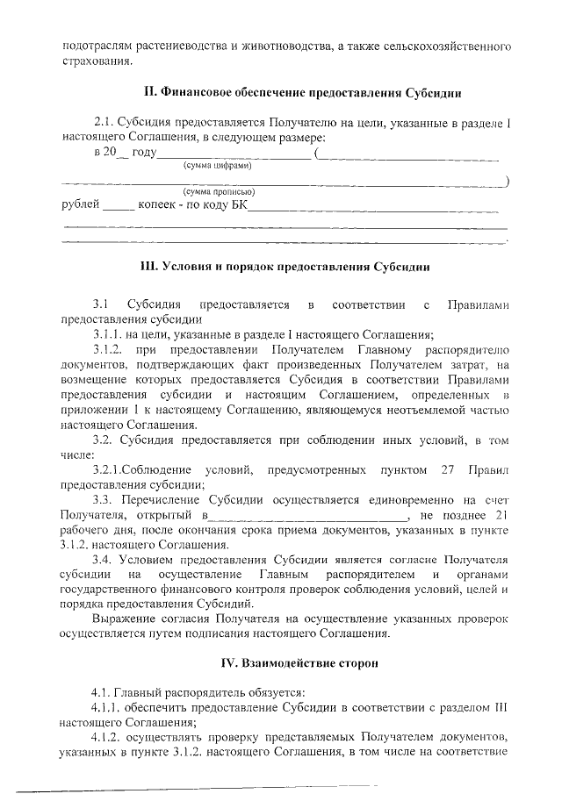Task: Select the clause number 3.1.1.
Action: (x=110, y=334)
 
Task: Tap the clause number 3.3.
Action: (x=104, y=500)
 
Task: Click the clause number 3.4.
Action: (x=104, y=560)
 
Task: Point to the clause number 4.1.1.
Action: (x=110, y=706)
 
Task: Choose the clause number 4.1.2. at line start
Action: (x=110, y=737)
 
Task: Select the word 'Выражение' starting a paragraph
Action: (x=124, y=619)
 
